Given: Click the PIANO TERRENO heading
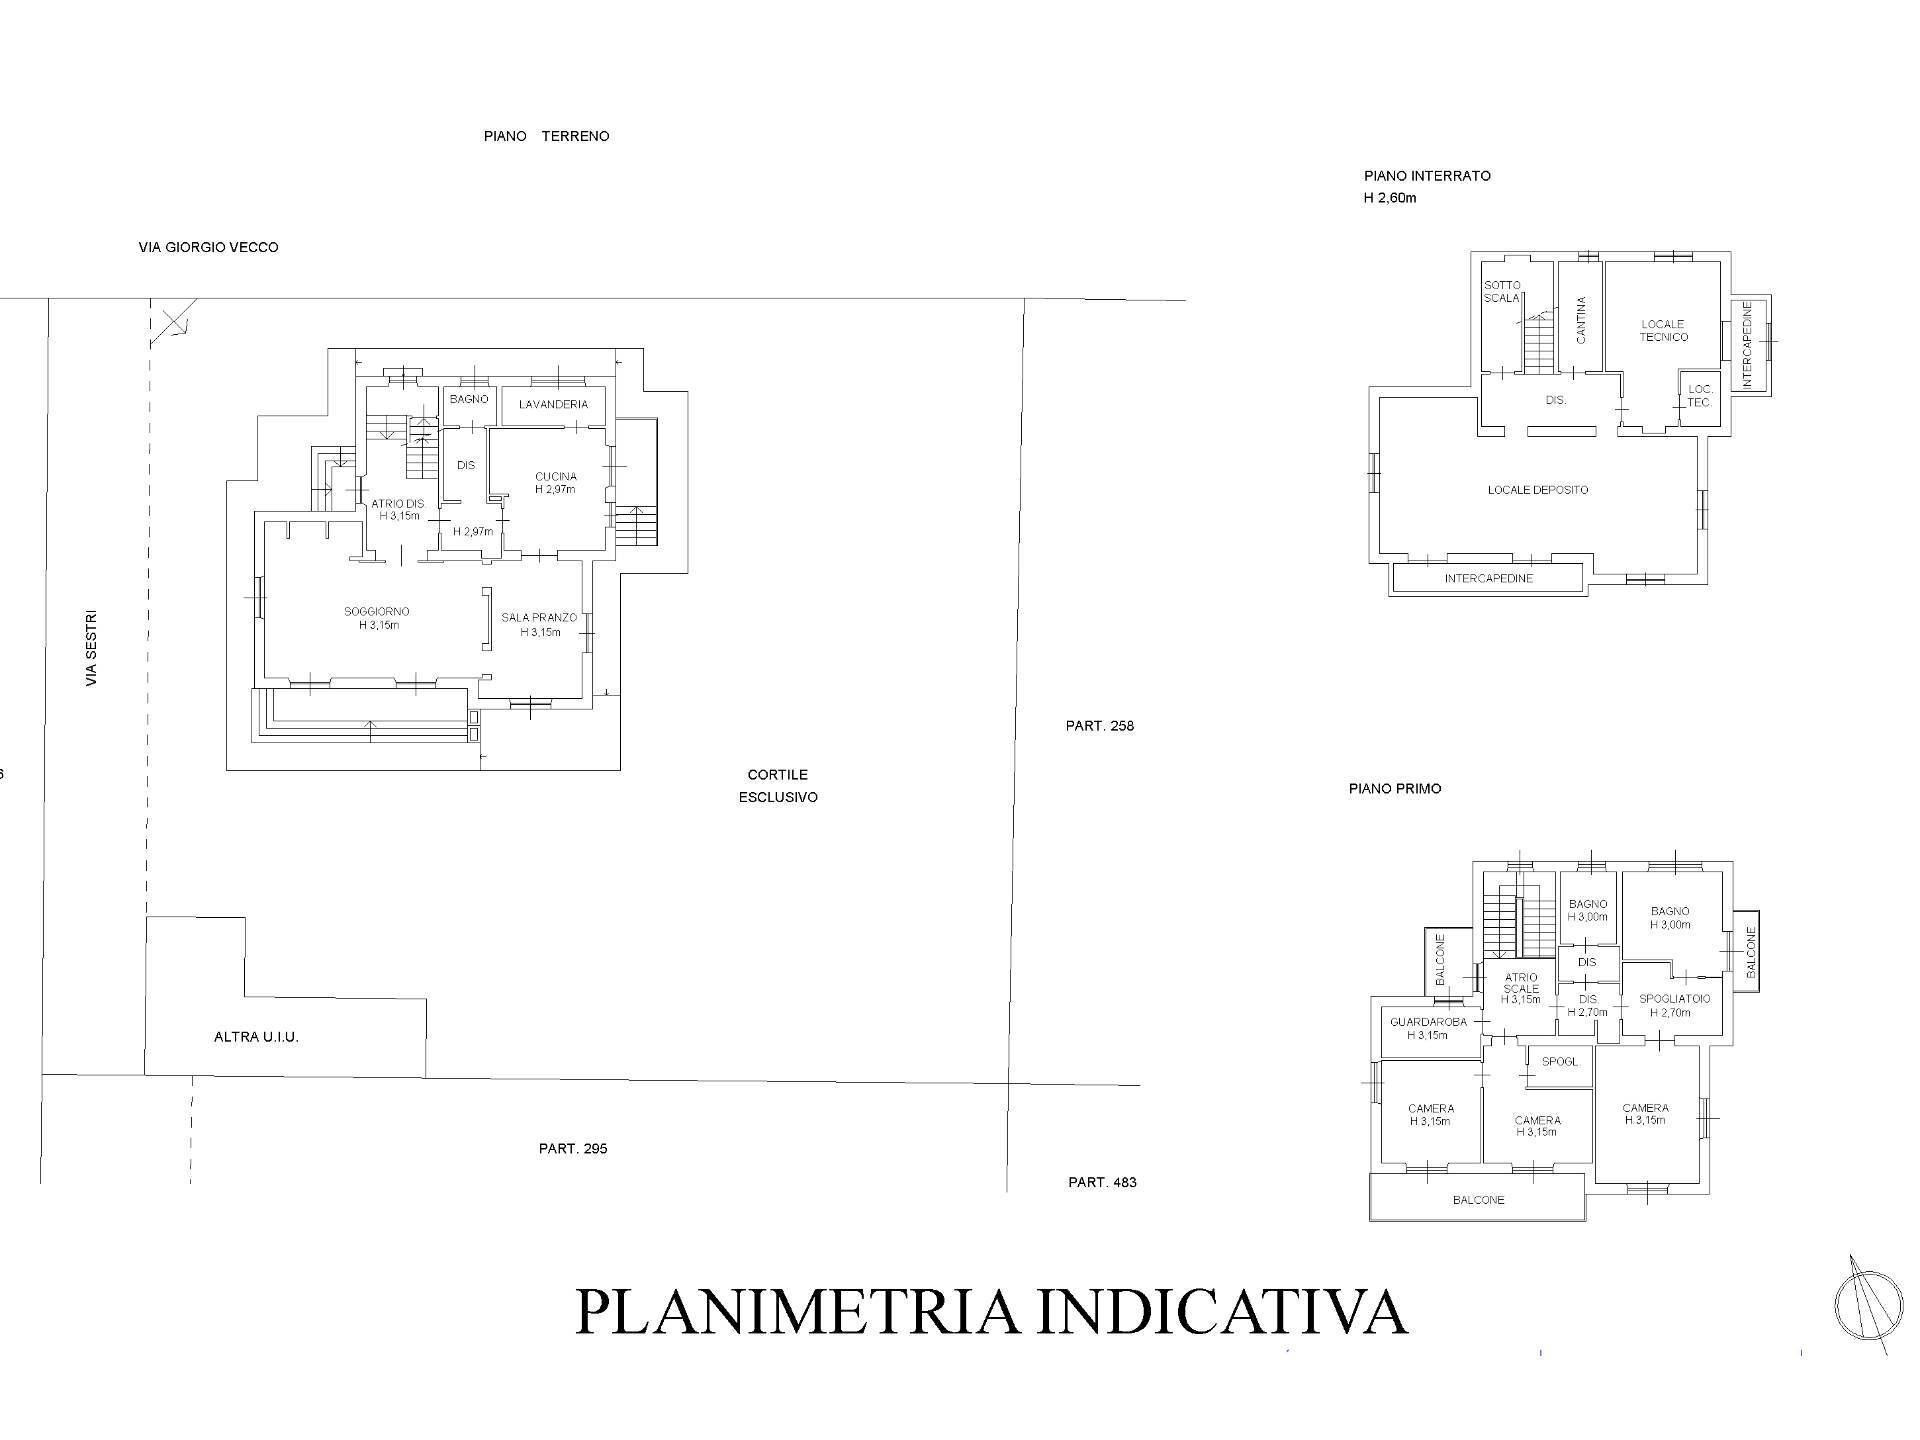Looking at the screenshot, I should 546,136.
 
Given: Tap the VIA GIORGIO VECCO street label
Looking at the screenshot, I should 208,247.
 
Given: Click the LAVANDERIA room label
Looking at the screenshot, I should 553,404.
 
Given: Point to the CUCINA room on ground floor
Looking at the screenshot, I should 556,483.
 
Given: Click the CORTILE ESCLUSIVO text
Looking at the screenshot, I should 778,786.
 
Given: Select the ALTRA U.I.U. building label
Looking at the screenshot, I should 256,1037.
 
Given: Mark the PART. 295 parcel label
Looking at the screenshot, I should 573,1148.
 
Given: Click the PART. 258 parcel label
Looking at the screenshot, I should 1099,726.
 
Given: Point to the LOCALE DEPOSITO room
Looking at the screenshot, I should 1537,490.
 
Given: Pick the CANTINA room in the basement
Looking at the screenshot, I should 1581,320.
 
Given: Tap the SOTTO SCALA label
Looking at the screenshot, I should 1502,292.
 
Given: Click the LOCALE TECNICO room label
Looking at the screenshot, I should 1663,330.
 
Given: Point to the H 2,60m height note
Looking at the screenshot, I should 1390,198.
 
